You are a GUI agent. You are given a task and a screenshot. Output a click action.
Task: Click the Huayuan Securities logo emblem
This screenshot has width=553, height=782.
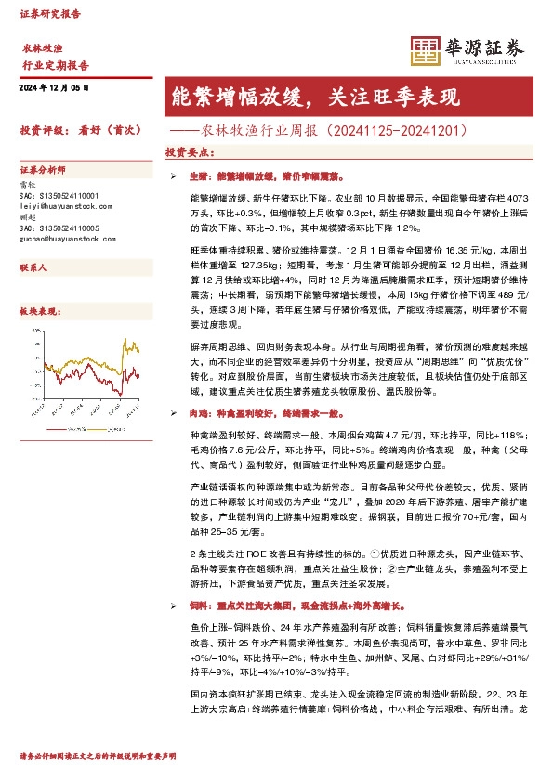[x=425, y=51]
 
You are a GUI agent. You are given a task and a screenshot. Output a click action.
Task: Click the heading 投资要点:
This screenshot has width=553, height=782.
[x=186, y=151]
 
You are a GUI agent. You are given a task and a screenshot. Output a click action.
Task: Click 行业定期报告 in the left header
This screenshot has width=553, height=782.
[x=55, y=66]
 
